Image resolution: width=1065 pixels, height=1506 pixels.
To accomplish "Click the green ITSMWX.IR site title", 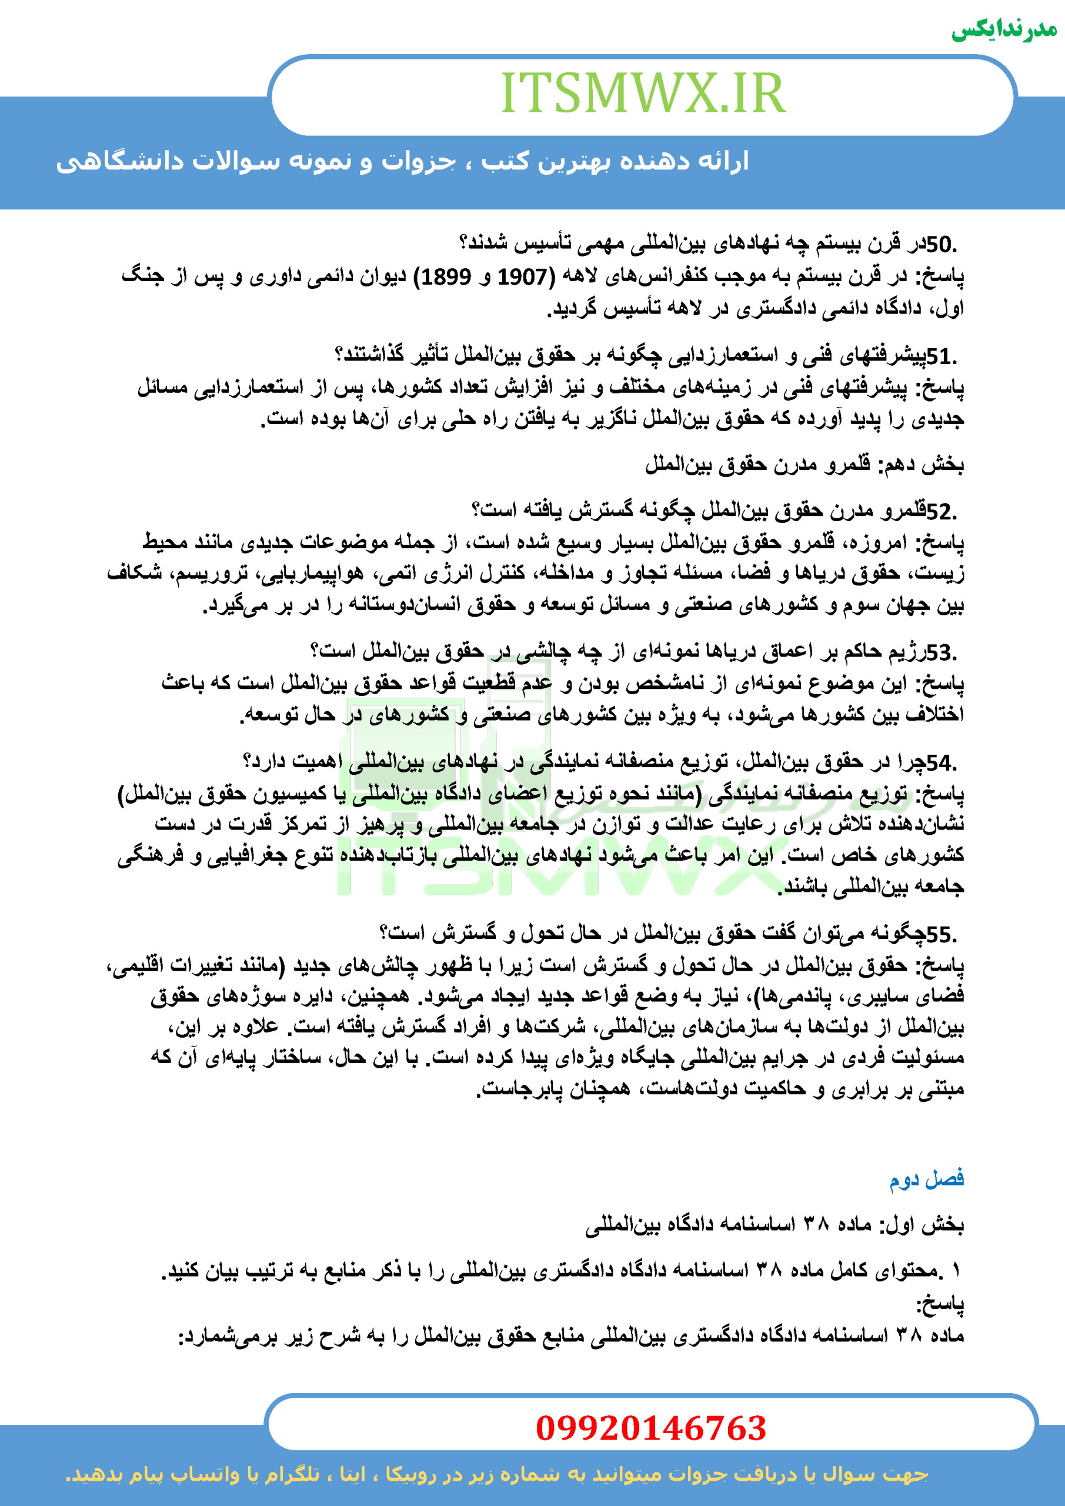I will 643,93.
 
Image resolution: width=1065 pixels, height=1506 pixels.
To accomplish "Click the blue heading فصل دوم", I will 926,1179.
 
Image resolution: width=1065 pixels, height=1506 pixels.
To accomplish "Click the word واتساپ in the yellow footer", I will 211,1474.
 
